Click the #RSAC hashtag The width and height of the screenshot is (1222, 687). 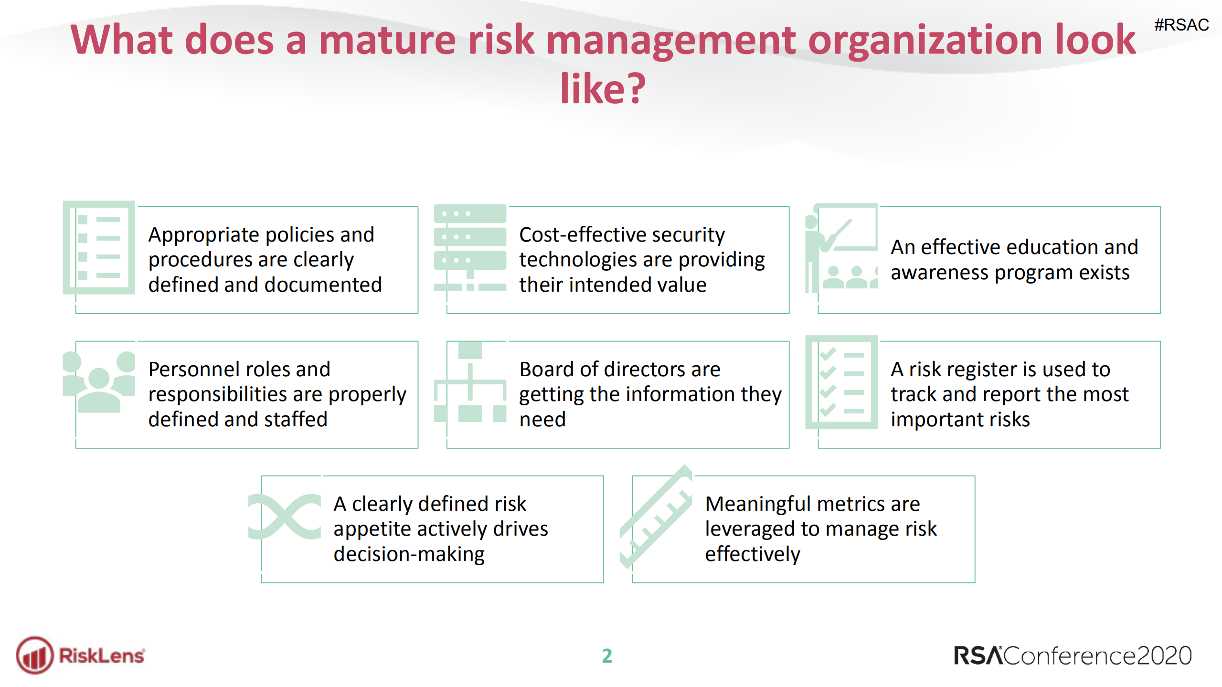click(x=1181, y=25)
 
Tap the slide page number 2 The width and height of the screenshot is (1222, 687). click(x=607, y=655)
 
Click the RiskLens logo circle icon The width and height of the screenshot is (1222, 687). click(x=34, y=655)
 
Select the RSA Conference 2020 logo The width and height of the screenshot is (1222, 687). click(x=1073, y=655)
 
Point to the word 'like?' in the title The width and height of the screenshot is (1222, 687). click(x=603, y=88)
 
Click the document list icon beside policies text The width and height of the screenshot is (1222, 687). click(x=99, y=247)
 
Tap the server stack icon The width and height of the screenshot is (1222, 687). click(x=470, y=247)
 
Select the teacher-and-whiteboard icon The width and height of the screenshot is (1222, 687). click(x=841, y=247)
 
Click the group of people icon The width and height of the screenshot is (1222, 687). click(x=99, y=382)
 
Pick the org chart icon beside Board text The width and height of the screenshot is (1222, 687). click(x=470, y=382)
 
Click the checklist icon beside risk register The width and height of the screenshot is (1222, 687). click(x=841, y=382)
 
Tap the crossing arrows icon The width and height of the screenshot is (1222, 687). click(x=285, y=517)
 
